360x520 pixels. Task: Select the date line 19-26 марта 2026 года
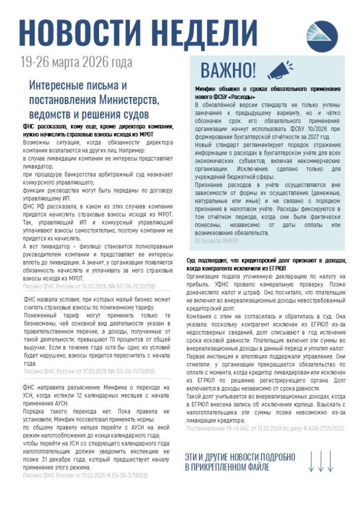[x=76, y=62]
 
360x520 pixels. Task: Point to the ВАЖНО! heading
[x=228, y=71]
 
